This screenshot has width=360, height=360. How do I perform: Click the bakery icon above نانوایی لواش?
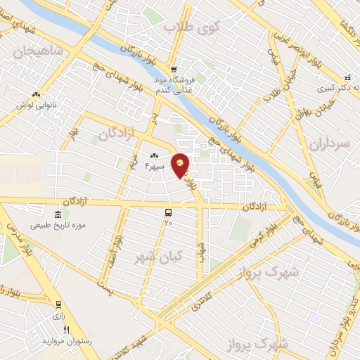[x=36, y=94]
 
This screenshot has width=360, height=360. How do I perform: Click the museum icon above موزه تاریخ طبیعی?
[x=58, y=214]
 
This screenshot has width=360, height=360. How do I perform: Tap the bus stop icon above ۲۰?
[x=168, y=212]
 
